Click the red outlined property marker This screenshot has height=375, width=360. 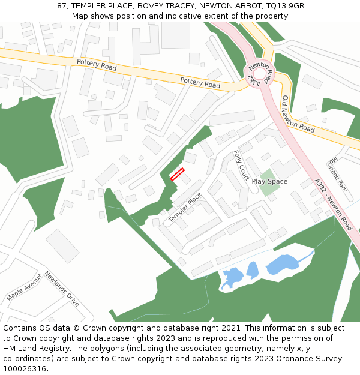tap(176, 174)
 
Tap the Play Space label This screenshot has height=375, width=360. tap(269, 181)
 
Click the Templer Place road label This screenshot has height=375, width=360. tap(185, 208)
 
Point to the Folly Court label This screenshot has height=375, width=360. tap(242, 165)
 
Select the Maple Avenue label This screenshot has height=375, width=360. tap(24, 287)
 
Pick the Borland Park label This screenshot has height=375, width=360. tap(338, 175)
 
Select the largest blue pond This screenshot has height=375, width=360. tap(283, 263)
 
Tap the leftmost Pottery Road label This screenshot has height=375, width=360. tap(97, 65)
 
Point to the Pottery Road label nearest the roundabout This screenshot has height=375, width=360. tap(200, 82)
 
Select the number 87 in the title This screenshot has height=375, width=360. tap(61, 6)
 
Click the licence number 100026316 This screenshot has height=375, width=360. tap(25, 368)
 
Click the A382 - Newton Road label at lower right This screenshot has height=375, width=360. tap(332, 207)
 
